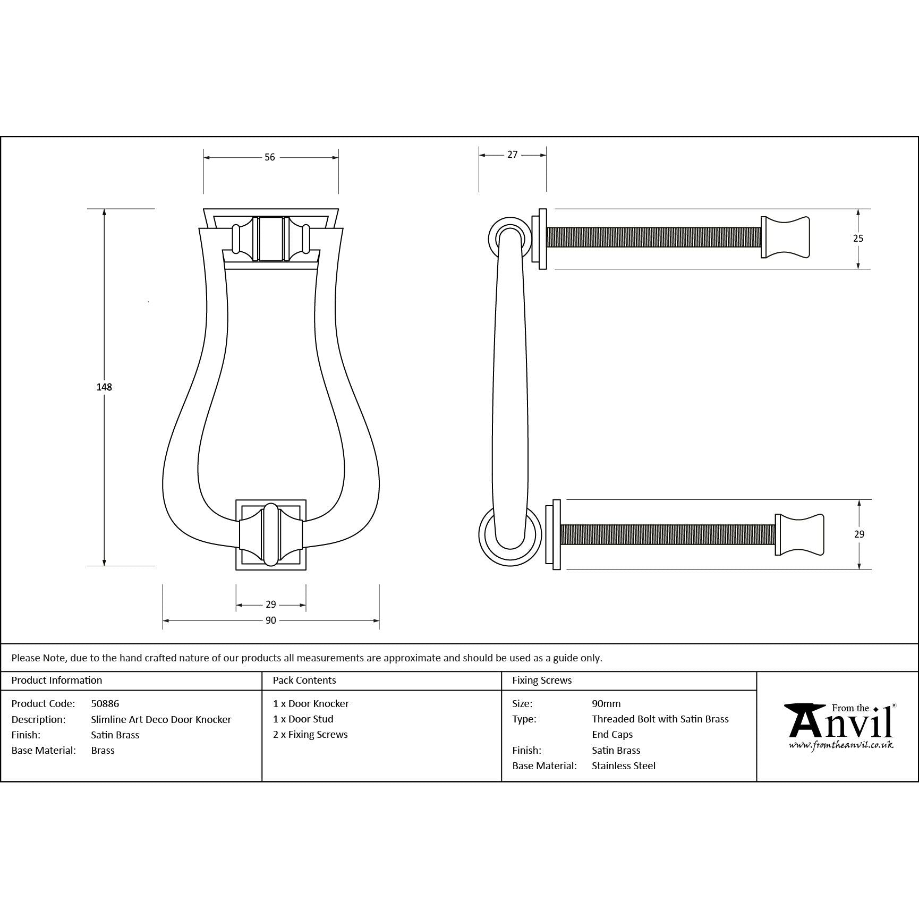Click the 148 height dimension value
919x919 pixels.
coord(104,387)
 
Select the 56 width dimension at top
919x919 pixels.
coord(270,157)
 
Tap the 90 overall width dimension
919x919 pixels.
coord(271,620)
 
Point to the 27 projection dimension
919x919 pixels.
coord(512,155)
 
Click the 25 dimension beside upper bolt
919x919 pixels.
coord(858,239)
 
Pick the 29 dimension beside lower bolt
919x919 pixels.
coord(859,534)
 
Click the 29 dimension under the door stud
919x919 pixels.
coord(271,605)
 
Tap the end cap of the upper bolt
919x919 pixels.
coord(785,237)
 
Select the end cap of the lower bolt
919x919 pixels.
coord(799,534)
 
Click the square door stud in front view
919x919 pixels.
coord(271,534)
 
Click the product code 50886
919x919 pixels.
coord(105,703)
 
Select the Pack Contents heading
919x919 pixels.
coord(304,680)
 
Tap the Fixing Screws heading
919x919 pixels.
coord(542,680)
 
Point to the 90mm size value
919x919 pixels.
coord(606,703)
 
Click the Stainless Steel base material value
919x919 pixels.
coord(624,765)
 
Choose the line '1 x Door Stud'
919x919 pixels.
coord(303,719)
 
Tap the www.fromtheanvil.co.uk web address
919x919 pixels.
coord(841,745)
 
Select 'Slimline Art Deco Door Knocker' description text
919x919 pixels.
coord(161,719)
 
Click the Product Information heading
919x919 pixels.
coord(57,680)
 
